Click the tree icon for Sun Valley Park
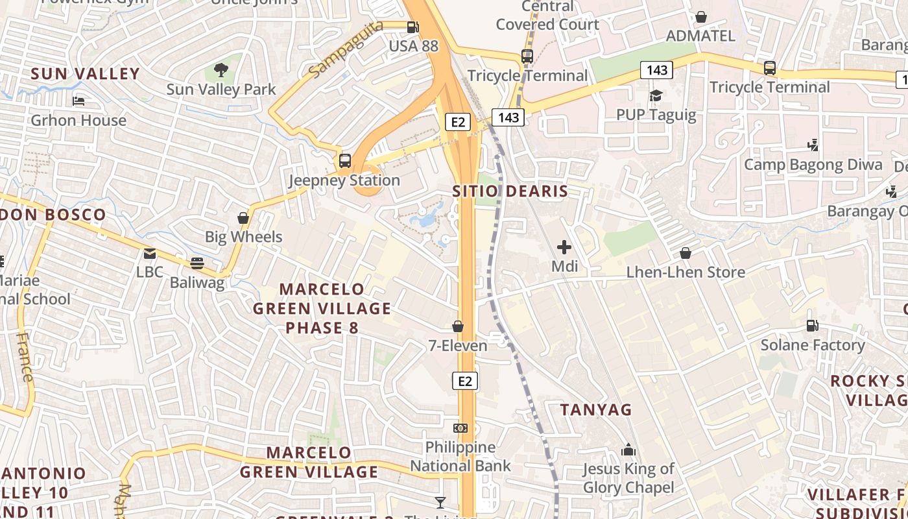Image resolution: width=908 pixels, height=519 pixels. point(221,69)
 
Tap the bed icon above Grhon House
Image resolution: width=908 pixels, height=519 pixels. point(78,101)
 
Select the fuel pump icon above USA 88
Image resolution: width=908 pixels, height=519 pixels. point(412,27)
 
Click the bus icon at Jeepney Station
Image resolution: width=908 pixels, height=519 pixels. point(345,161)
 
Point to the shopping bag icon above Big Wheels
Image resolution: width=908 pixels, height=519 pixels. point(243,218)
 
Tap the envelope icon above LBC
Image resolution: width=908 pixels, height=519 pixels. point(150,254)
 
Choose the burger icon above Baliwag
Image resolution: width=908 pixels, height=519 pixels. point(197,263)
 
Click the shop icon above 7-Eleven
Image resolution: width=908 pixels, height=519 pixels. point(458,326)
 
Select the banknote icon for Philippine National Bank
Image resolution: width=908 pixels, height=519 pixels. point(460,428)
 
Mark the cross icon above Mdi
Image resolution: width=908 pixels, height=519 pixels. point(564,247)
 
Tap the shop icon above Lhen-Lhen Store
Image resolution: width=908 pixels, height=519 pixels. point(686,253)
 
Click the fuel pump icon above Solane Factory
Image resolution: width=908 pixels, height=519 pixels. point(812,326)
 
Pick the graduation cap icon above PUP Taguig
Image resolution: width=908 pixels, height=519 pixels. point(656,96)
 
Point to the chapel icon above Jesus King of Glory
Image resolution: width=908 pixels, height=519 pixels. point(628,450)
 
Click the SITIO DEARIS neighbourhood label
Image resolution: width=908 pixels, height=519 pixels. point(510,191)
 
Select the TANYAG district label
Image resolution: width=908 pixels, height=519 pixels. point(596,410)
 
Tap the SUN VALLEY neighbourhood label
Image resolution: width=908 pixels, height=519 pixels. point(85,74)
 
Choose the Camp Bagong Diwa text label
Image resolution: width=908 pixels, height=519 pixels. point(813,165)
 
